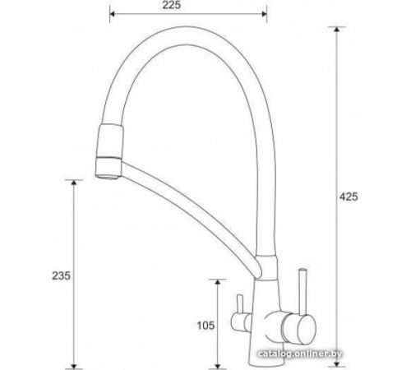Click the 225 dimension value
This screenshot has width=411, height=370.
click(x=171, y=5)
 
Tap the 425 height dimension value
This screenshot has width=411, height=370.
click(x=349, y=197)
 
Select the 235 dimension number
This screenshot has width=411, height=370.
click(x=61, y=275)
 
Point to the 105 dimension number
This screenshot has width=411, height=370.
click(x=205, y=326)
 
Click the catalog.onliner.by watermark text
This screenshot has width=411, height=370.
click(x=300, y=354)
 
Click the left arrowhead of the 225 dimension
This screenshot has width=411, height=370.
click(x=113, y=14)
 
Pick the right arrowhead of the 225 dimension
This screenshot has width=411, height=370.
click(x=264, y=14)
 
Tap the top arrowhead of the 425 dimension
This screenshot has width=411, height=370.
click(x=337, y=30)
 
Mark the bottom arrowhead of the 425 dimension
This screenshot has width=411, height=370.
click(x=337, y=363)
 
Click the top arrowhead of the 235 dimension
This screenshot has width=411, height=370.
click(x=74, y=183)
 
